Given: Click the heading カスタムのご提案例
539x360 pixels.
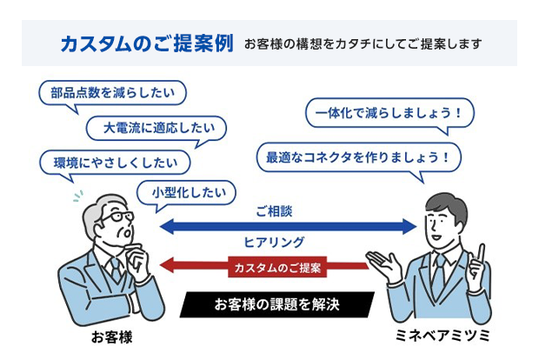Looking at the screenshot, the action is [147, 43].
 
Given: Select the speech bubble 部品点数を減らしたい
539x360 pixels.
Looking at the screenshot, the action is [112, 93].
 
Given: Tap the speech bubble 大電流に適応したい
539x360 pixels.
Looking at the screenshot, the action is [156, 128].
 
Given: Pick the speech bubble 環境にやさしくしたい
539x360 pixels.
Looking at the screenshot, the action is [115, 163].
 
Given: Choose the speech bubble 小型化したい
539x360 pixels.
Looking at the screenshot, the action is [186, 192].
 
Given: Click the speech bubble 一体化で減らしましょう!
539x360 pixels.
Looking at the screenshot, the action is [389, 113].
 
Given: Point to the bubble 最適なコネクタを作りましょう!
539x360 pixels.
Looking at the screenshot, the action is [358, 157].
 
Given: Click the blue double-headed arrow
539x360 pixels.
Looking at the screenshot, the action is [288, 227].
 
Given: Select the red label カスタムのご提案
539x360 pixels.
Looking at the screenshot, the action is [277, 267].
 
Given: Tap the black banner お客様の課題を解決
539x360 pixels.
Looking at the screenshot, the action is [277, 304].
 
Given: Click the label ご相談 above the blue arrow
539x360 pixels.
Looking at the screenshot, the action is [274, 211].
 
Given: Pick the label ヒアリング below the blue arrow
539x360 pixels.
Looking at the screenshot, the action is [274, 243].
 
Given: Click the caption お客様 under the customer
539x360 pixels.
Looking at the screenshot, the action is [112, 337].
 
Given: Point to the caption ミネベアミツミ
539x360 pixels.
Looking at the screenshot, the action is [443, 336].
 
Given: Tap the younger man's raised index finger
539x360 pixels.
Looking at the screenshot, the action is [481, 253].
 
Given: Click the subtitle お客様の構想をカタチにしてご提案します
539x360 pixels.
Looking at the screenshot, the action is [363, 44].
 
